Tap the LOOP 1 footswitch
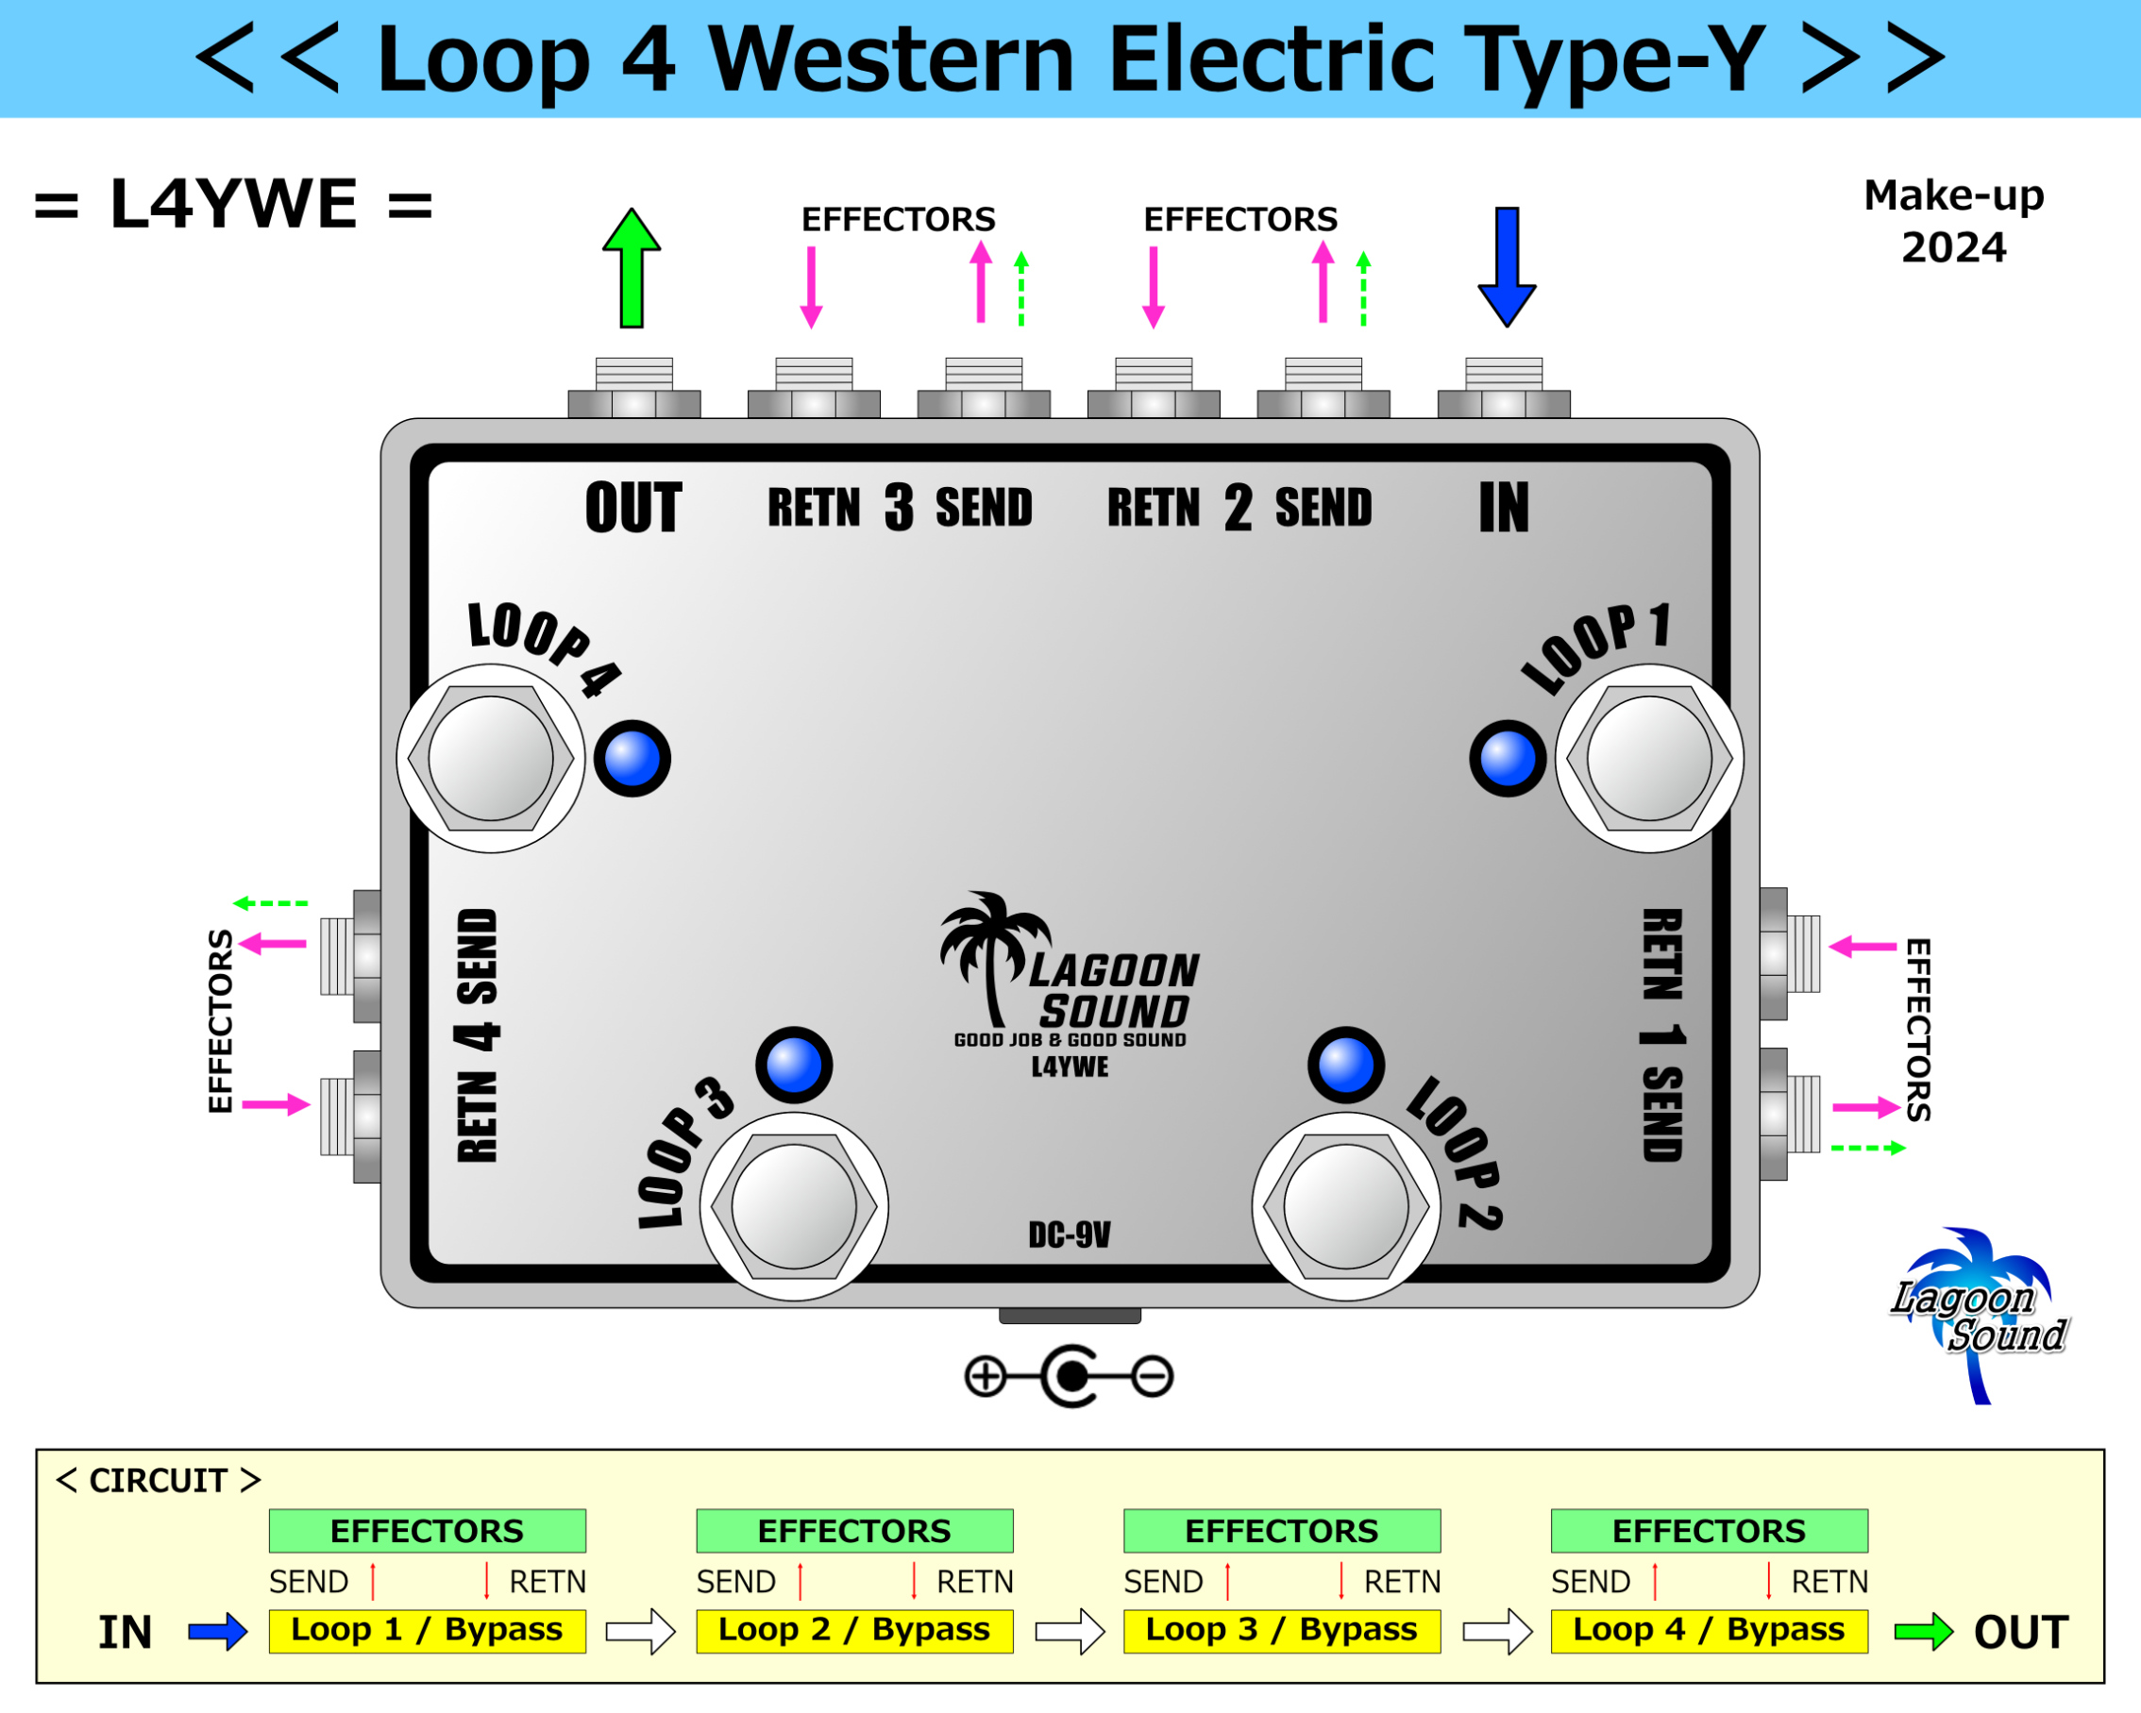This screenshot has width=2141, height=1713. [x=1648, y=759]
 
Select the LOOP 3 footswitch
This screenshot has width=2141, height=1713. [x=794, y=1205]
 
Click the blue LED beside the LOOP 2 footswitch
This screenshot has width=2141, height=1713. [x=1345, y=1065]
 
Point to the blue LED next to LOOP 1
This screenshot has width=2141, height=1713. [x=1507, y=759]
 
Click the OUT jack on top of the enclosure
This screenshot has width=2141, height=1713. [x=633, y=389]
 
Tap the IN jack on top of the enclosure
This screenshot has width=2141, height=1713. [x=1504, y=389]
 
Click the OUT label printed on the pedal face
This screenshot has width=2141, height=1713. [x=632, y=508]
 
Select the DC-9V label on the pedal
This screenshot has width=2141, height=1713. [x=1070, y=1234]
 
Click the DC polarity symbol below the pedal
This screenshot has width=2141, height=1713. [x=1070, y=1376]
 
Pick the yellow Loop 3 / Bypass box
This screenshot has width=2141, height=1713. [x=1281, y=1631]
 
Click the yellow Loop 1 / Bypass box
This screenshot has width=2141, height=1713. [x=427, y=1631]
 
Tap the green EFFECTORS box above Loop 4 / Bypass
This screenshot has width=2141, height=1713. [x=1708, y=1530]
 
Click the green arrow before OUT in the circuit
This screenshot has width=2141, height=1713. [x=1923, y=1632]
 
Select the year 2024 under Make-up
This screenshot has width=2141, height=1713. [x=1952, y=247]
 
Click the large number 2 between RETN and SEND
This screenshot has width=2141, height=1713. [x=1238, y=508]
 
